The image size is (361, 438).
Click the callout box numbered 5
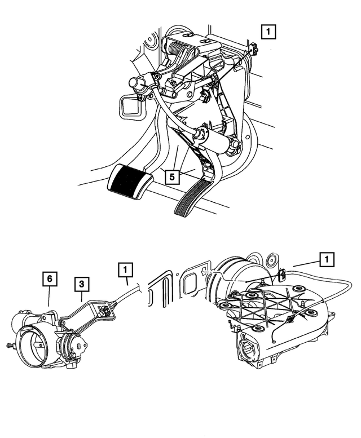point(172,176)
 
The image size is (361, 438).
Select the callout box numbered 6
point(50,279)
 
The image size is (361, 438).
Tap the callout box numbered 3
point(82,284)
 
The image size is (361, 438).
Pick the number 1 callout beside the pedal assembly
point(268,32)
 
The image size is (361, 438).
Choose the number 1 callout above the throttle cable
point(125,269)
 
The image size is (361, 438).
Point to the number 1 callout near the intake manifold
point(327,260)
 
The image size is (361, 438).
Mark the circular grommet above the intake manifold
point(271,260)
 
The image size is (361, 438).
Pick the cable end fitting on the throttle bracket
point(105,311)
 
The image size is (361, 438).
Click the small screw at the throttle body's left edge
point(10,346)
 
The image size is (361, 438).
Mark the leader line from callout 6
point(49,297)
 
